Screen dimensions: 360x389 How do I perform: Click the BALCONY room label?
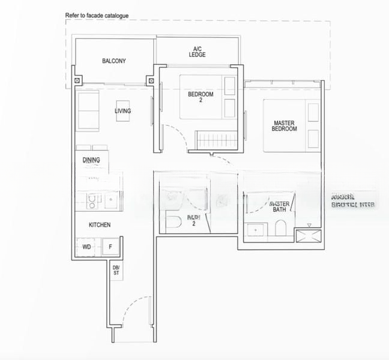point(113,61)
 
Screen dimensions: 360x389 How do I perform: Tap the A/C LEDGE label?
point(197,52)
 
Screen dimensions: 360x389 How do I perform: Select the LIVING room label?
point(123,111)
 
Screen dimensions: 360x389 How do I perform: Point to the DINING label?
point(91,160)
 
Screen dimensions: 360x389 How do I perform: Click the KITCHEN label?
point(100,225)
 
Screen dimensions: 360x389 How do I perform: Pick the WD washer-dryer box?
point(86,247)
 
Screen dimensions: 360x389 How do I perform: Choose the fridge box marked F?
point(110,247)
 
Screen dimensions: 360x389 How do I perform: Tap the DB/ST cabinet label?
point(116,270)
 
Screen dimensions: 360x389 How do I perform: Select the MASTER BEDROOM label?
point(284,126)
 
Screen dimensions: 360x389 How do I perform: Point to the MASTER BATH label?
point(280,206)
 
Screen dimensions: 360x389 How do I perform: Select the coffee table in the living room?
point(122,111)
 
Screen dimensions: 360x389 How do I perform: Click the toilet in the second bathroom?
point(172,221)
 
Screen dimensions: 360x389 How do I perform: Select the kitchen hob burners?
point(91,201)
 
